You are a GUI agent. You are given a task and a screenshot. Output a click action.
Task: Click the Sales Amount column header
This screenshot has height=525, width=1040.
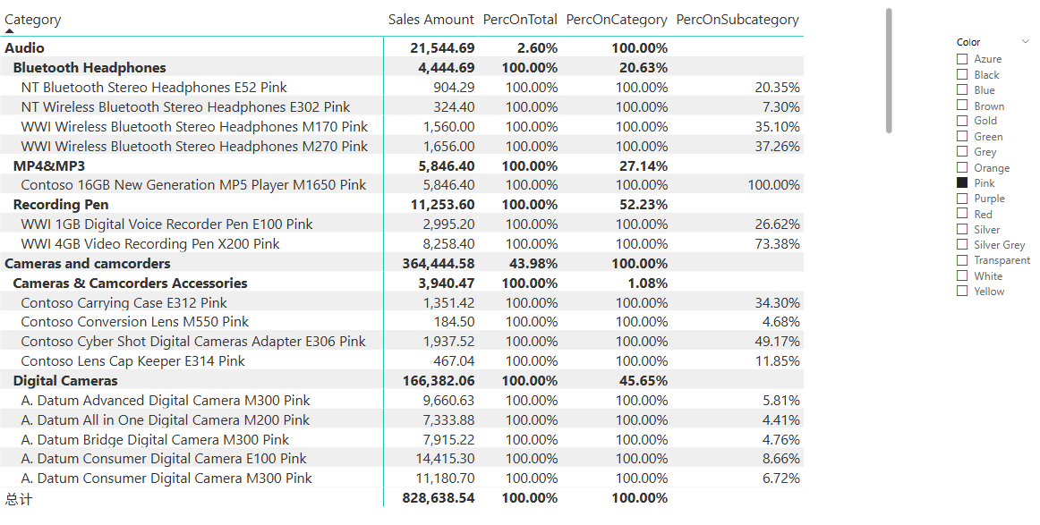tap(430, 20)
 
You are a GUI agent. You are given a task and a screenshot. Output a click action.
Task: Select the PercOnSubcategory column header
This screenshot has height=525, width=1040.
tap(737, 20)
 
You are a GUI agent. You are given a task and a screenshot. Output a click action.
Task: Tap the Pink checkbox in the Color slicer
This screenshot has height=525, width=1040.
tap(962, 182)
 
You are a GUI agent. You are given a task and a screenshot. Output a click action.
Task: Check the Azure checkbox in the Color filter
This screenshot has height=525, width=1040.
tap(962, 59)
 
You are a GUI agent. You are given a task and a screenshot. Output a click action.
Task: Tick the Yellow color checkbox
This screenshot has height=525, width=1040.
tap(962, 292)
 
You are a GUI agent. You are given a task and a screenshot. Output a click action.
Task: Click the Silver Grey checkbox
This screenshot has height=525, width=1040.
tap(962, 245)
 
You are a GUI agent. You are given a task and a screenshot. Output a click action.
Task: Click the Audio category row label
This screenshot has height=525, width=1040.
tap(24, 48)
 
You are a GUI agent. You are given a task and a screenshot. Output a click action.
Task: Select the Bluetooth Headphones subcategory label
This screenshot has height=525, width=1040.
tap(90, 68)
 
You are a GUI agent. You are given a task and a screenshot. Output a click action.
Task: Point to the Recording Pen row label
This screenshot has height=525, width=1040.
tap(61, 205)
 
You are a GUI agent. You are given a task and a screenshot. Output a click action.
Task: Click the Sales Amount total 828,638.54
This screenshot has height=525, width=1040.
tap(430, 498)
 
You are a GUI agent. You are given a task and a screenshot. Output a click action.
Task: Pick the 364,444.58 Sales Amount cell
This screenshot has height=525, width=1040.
tap(430, 264)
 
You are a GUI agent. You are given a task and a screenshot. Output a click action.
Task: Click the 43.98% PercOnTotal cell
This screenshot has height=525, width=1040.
tap(533, 264)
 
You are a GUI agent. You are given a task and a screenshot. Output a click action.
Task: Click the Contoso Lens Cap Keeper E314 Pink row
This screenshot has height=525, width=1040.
tap(132, 361)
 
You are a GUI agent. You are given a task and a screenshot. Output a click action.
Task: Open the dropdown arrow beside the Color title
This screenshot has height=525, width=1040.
tap(1026, 42)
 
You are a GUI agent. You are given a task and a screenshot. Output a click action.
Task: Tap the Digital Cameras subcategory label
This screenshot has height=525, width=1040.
tap(65, 381)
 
